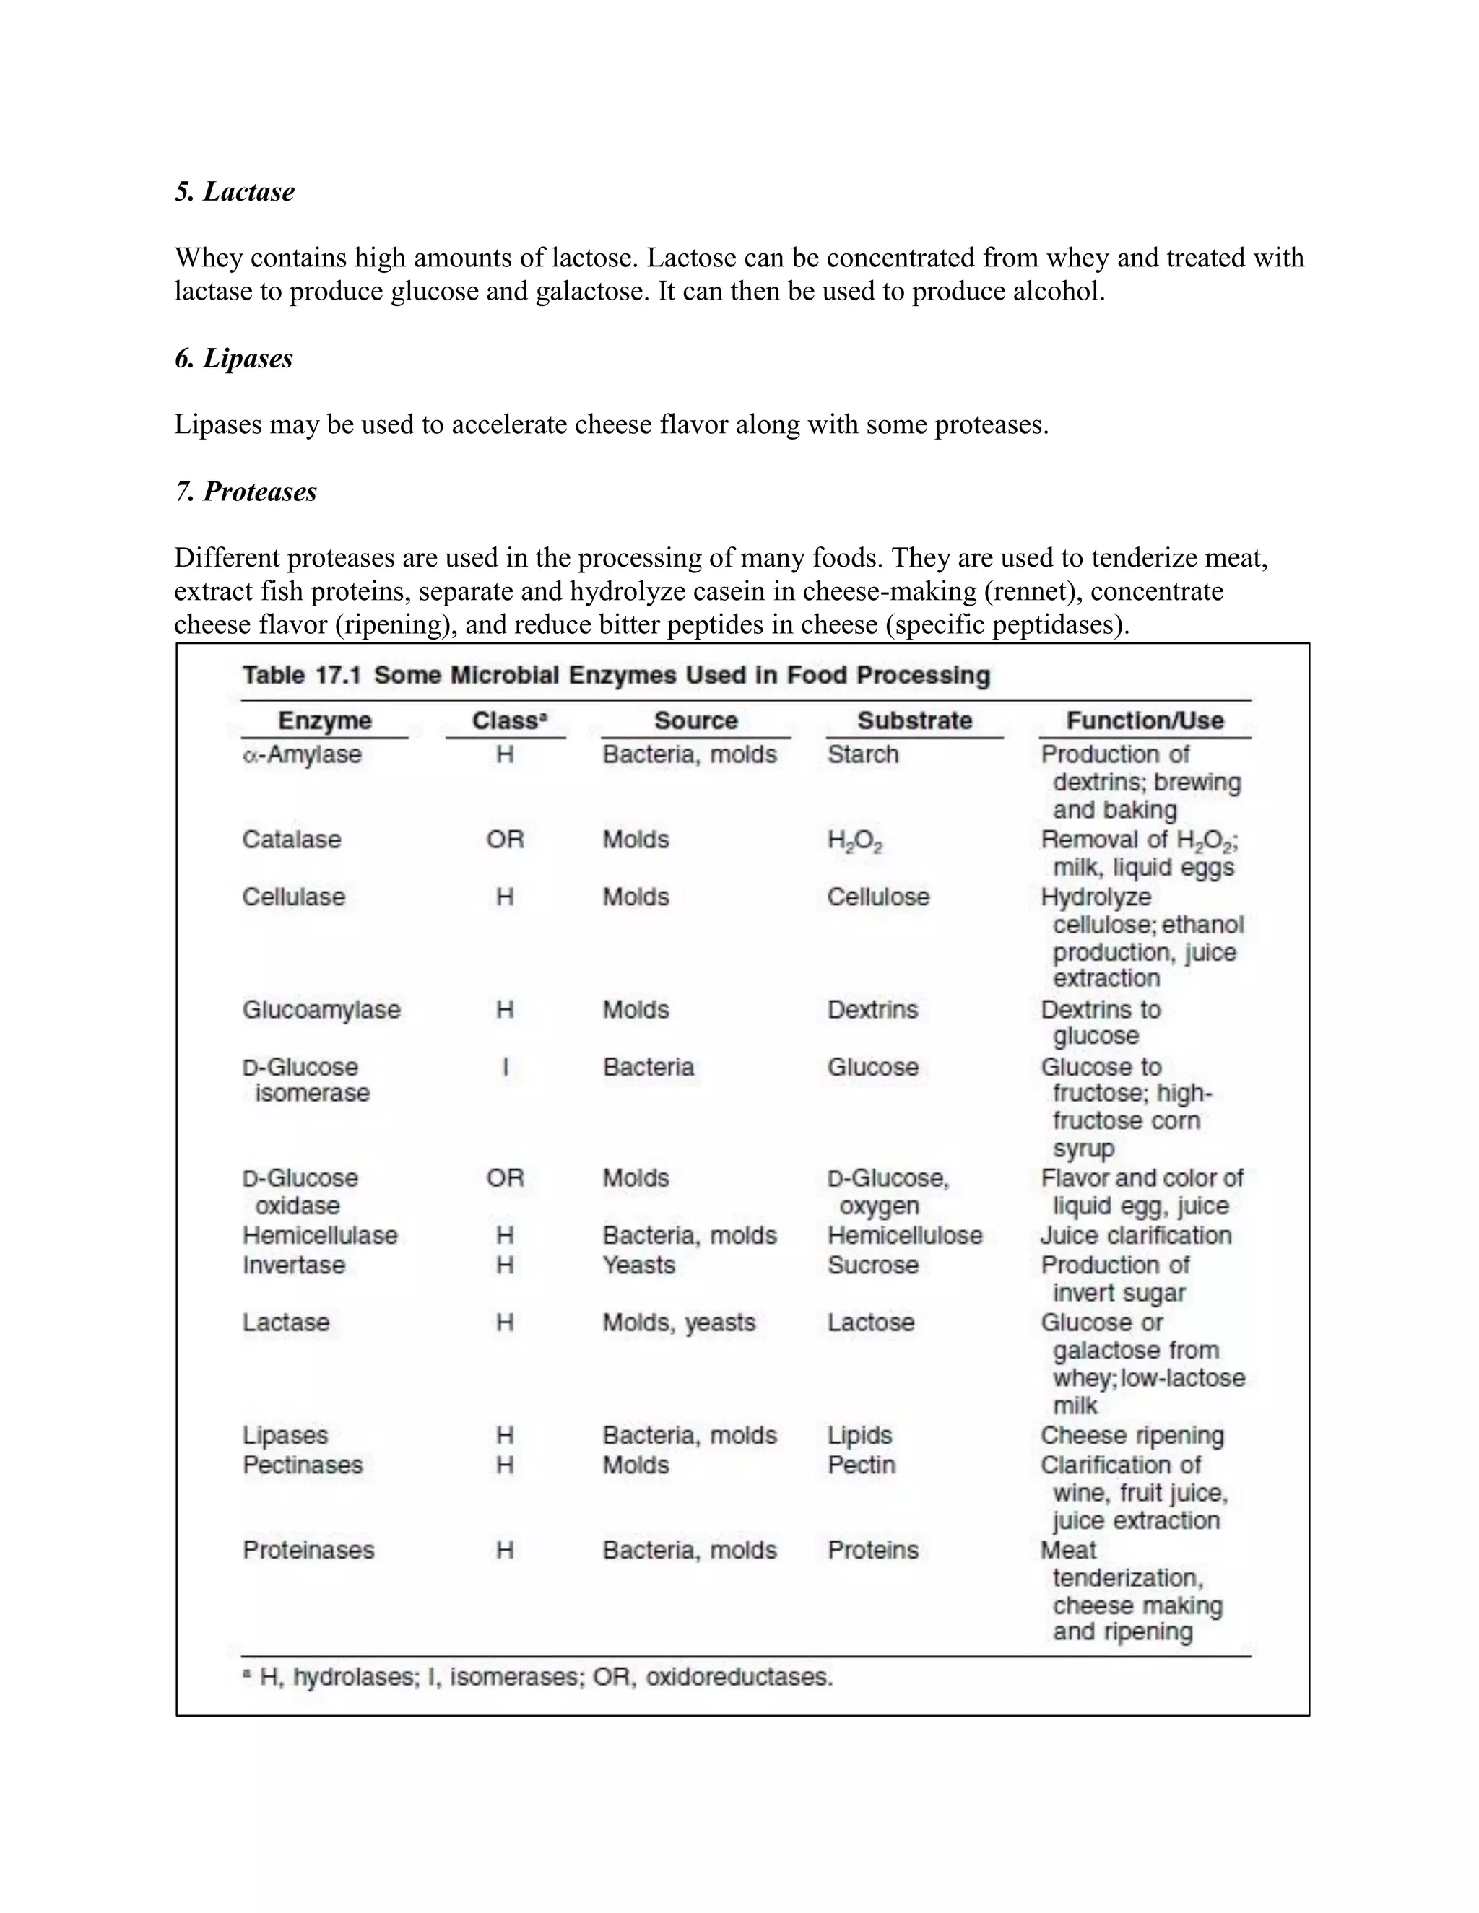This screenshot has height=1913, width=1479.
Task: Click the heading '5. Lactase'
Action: tap(234, 191)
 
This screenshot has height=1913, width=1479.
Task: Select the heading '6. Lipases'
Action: tap(233, 358)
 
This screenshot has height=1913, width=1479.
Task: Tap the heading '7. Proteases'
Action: tap(246, 492)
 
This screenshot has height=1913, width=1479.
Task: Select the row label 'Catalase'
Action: tap(292, 839)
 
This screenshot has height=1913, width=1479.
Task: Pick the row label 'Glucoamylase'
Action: tap(321, 1009)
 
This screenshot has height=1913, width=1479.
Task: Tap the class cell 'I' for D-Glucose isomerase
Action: tap(505, 1067)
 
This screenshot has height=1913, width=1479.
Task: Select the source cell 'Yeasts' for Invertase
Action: tap(638, 1265)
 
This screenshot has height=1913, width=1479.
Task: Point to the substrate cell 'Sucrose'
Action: tap(872, 1265)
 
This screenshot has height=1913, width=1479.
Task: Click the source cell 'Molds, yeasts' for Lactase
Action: tap(678, 1322)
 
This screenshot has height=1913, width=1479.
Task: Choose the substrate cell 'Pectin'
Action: tap(862, 1465)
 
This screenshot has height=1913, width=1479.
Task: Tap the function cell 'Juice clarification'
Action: tap(1135, 1235)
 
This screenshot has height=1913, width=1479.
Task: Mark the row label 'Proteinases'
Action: tap(308, 1549)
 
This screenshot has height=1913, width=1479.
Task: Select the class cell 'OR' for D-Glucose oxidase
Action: tap(505, 1178)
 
